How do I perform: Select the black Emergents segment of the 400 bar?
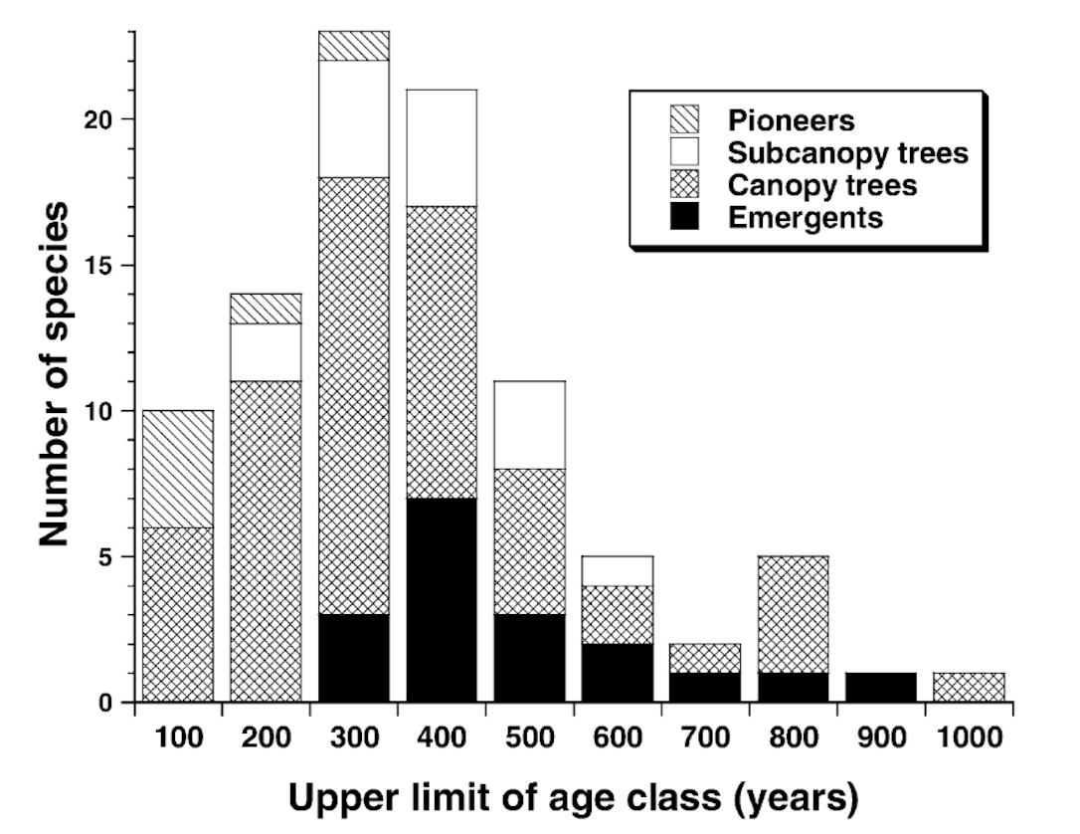pyautogui.click(x=441, y=600)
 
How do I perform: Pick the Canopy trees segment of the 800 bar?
pyautogui.click(x=793, y=614)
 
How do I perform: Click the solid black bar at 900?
pyautogui.click(x=880, y=688)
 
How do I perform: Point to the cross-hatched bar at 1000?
pyautogui.click(x=969, y=688)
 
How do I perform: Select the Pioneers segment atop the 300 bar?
pyautogui.click(x=353, y=46)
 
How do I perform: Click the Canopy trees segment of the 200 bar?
pyautogui.click(x=265, y=541)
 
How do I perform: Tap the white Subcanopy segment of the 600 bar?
pyautogui.click(x=617, y=571)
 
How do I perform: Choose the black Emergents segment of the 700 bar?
pyautogui.click(x=704, y=688)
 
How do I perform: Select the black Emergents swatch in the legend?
pyautogui.click(x=685, y=217)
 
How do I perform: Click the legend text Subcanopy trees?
pyautogui.click(x=848, y=153)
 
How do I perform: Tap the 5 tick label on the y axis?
pyautogui.click(x=110, y=557)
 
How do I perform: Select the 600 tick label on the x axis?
pyautogui.click(x=617, y=738)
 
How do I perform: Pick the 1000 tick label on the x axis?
pyautogui.click(x=969, y=738)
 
